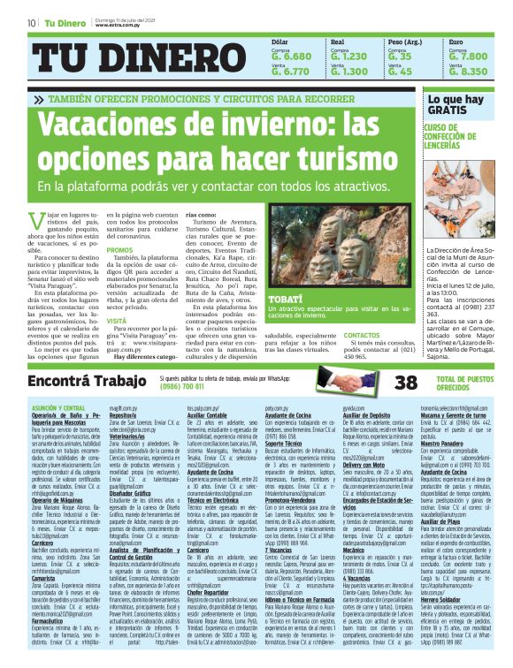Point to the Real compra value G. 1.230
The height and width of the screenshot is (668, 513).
348,56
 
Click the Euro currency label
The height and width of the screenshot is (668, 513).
456,42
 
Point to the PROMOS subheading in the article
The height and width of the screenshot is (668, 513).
120,250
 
